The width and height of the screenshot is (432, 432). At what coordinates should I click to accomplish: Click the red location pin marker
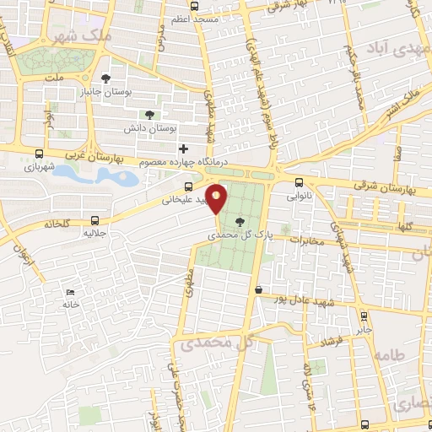[x=217, y=199]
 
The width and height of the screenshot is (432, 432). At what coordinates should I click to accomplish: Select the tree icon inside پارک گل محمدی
[x=242, y=222]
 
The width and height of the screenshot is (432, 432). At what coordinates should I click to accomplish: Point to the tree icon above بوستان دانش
[x=149, y=114]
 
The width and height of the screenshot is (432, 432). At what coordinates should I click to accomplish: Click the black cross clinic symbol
[x=183, y=148]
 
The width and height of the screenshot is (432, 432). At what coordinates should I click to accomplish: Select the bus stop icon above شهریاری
[x=40, y=154]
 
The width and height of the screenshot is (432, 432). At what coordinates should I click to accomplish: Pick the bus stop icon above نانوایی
[x=299, y=182]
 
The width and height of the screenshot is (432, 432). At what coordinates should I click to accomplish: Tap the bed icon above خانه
[x=70, y=292]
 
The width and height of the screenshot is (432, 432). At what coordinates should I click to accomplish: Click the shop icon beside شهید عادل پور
[x=257, y=291]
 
